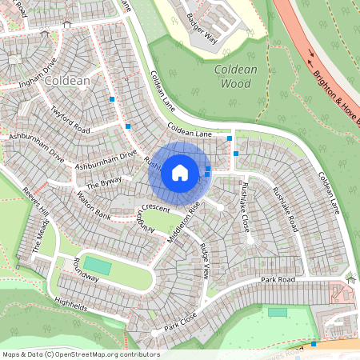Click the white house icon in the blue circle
tap(180, 172)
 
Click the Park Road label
tap(278, 280)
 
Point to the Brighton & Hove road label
tap(336, 94)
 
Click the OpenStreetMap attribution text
tap(80, 354)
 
